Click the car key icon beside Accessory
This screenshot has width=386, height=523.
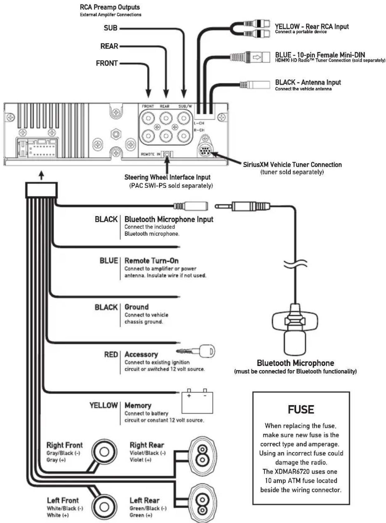point(195,351)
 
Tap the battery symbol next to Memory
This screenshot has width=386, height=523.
point(197,401)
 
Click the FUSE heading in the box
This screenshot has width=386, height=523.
point(301,410)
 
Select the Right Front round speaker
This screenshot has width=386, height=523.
point(104,452)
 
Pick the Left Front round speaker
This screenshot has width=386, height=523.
point(104,507)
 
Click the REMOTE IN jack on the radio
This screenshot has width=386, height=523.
point(167,154)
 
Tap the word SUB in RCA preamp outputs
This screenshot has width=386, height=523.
point(110,28)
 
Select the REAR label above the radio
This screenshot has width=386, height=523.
point(109,46)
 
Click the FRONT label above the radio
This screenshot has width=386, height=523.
point(107,63)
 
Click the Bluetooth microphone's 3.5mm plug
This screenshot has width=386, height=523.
point(242,206)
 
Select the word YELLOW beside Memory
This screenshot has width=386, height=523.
point(104,405)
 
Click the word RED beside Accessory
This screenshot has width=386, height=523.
point(111,354)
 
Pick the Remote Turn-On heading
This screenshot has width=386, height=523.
point(151,261)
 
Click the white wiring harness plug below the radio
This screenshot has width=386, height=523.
point(41,190)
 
